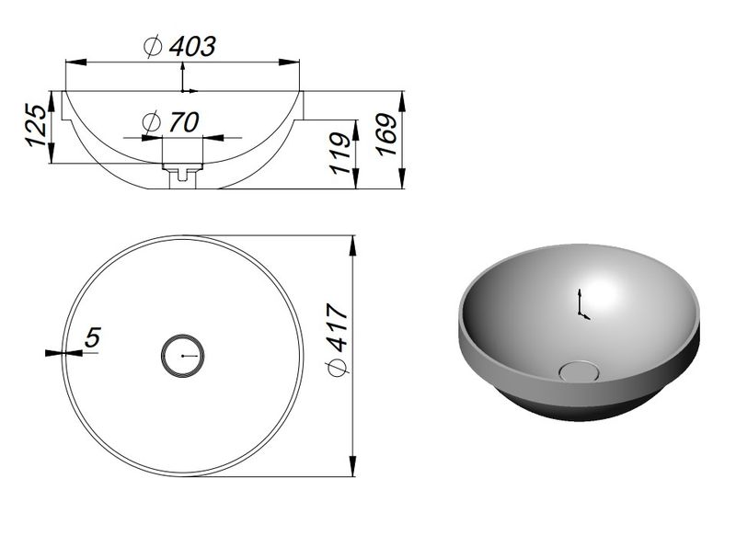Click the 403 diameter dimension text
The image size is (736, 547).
[x=192, y=47]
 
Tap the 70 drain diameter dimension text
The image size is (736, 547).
[x=184, y=122]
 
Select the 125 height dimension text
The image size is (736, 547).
[x=37, y=125]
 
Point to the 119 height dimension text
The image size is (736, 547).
[x=340, y=153]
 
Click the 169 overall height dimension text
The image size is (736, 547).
[x=386, y=134]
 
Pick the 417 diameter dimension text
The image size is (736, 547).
[x=338, y=327]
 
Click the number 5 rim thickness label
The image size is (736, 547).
[x=93, y=337]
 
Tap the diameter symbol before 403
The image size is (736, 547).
[x=153, y=47]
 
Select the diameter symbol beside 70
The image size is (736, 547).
[x=152, y=122]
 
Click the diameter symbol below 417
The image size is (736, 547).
[x=338, y=368]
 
